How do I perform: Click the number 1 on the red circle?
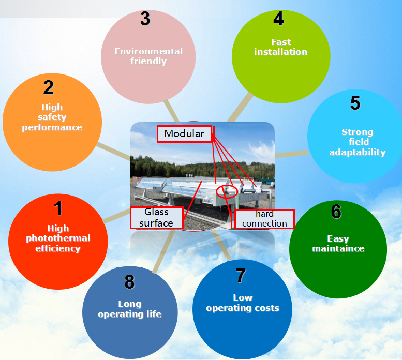[x=58, y=208]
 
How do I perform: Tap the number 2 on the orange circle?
[x=49, y=87]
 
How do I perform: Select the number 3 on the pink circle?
[x=145, y=19]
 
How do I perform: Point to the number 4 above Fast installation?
[x=278, y=19]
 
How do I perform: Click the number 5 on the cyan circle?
[x=355, y=103]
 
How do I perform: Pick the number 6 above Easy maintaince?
[x=336, y=212]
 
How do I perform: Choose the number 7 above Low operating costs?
[x=241, y=276]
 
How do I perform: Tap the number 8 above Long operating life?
[x=129, y=282]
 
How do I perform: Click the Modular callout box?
[x=184, y=134]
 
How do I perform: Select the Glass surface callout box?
[x=157, y=218]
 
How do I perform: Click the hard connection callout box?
[x=264, y=219]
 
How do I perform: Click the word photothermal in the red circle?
[x=58, y=238]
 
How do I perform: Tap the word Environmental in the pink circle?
[x=148, y=51]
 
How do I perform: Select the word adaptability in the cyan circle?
[x=358, y=153]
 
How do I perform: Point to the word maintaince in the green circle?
[x=338, y=249]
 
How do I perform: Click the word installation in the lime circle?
[x=281, y=52]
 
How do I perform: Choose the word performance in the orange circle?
[x=52, y=128]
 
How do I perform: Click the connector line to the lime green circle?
[x=240, y=108]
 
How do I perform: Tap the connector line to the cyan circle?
[x=291, y=154]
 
